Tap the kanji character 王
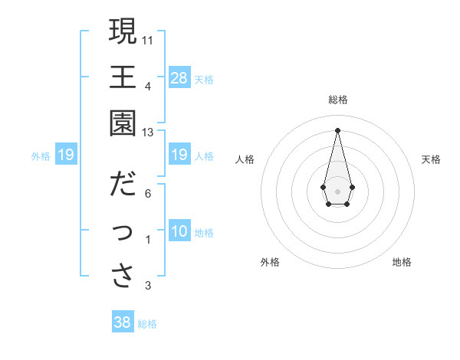(x=123, y=77)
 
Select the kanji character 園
(x=123, y=123)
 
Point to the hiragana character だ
(x=123, y=185)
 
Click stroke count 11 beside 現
(x=148, y=40)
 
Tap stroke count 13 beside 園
(x=148, y=133)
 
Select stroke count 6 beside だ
(x=148, y=194)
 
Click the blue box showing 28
(x=179, y=77)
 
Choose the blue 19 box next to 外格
(x=66, y=155)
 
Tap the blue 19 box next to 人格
(x=179, y=155)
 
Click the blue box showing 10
(x=179, y=232)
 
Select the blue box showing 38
(x=123, y=322)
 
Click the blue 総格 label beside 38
(x=147, y=324)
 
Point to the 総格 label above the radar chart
(x=338, y=100)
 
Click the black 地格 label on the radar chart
(x=402, y=262)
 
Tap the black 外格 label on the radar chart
(x=270, y=262)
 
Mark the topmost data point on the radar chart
(x=337, y=129)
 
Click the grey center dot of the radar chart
(x=337, y=190)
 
